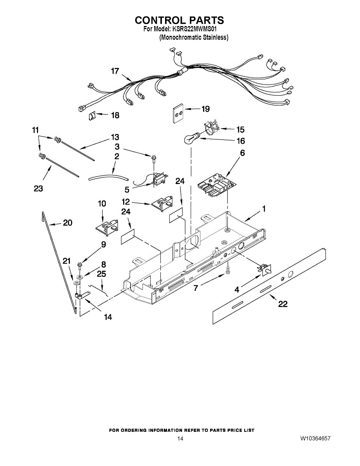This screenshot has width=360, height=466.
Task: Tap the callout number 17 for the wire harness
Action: click(115, 71)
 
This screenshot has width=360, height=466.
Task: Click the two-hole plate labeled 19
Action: click(178, 113)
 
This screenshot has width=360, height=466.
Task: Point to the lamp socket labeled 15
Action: click(210, 128)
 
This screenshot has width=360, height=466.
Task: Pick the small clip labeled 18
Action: click(92, 115)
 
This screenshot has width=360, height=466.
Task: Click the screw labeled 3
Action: click(155, 157)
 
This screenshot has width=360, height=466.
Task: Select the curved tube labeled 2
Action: click(109, 177)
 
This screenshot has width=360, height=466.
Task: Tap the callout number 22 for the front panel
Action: click(283, 304)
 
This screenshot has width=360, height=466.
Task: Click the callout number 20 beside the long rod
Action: click(68, 223)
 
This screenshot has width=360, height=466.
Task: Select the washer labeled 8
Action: click(80, 277)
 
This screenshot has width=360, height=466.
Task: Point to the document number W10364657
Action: click(315, 438)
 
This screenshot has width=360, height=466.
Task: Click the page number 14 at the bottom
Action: click(180, 438)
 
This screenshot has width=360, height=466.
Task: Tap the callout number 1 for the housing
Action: click(264, 209)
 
